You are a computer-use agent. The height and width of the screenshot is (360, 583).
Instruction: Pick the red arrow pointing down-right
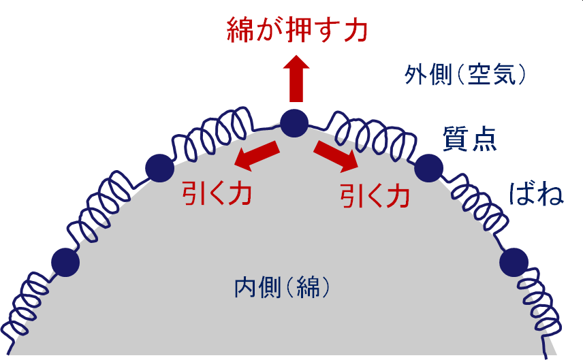point(336,157)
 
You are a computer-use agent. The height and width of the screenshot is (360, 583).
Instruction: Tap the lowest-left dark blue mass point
point(65,261)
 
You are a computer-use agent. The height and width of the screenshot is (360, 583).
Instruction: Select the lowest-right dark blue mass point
point(514,262)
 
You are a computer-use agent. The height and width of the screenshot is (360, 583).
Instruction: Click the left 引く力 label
point(217,193)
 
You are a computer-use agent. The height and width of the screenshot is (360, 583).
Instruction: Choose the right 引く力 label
point(375,196)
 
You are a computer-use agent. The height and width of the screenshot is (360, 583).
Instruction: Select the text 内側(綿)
point(282,288)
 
